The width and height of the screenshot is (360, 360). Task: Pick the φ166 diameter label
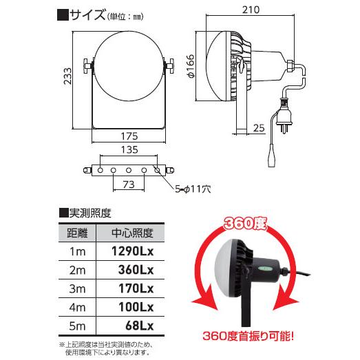click(191, 66)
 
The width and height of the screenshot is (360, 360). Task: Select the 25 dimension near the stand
click(259, 127)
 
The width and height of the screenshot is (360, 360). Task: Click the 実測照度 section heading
click(89, 213)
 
